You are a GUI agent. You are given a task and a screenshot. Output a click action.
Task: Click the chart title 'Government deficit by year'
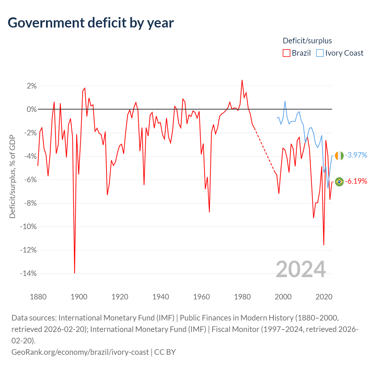[x=91, y=23]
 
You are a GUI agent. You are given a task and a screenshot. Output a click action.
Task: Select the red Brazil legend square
[x=286, y=53]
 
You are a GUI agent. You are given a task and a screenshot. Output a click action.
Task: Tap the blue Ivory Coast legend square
[x=320, y=53]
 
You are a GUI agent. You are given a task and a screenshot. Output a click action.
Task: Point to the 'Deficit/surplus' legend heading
[x=307, y=41]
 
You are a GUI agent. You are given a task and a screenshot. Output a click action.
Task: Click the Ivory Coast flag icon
[x=339, y=156]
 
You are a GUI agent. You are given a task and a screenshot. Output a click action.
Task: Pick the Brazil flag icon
[x=339, y=182]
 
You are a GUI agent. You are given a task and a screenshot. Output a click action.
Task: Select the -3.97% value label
[x=356, y=155]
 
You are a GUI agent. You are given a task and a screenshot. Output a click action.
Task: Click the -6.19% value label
[x=356, y=181]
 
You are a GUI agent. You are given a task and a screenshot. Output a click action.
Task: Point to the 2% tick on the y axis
[x=32, y=86]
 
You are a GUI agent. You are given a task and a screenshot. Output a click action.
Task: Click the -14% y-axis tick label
[x=28, y=273]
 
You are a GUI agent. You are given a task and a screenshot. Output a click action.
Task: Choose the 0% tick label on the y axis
[x=32, y=109]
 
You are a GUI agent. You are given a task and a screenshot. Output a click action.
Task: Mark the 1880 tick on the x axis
[x=38, y=297]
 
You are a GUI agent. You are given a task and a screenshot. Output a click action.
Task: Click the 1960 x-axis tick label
[x=201, y=297]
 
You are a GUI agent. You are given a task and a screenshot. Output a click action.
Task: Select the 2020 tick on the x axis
[x=324, y=297]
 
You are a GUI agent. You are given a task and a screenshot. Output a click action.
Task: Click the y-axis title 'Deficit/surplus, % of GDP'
[x=12, y=176]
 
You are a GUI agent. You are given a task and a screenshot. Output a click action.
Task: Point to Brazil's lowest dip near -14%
[x=74, y=273]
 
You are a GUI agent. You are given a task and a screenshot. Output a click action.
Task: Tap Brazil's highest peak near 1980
[x=242, y=80]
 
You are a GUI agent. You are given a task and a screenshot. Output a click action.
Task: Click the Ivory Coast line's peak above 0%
[x=285, y=101]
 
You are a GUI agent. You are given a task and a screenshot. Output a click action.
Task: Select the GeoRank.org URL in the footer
[x=80, y=352]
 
